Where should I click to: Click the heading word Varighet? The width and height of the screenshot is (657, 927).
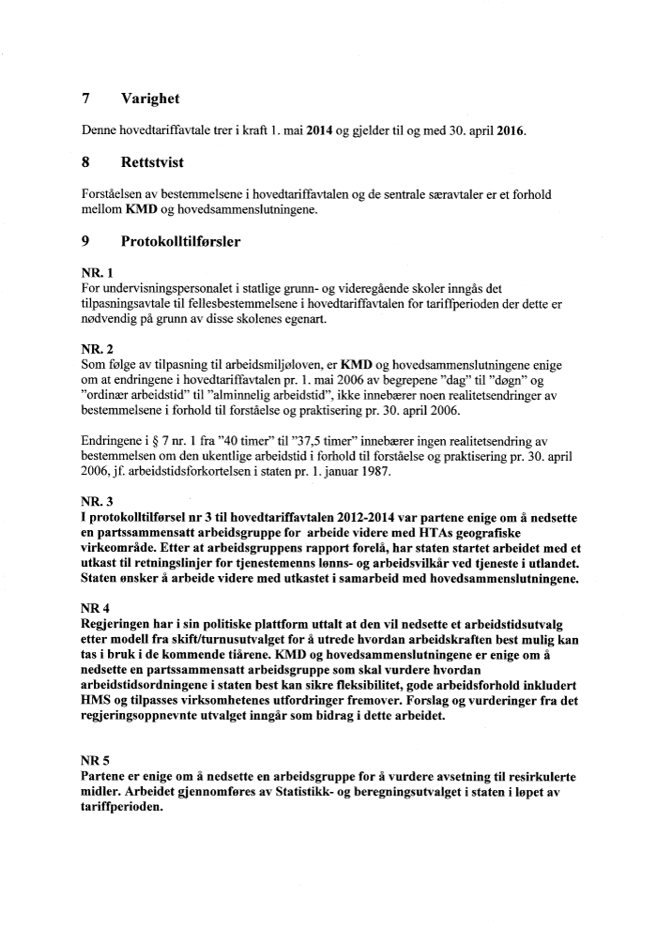[x=150, y=99]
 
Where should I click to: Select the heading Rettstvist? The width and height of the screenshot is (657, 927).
[x=154, y=162]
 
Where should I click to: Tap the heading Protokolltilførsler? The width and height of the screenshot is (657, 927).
[x=181, y=241]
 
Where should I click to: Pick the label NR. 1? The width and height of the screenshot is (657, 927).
[x=98, y=273]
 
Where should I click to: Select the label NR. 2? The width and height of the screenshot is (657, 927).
[x=98, y=347]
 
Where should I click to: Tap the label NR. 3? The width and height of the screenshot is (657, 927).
[x=98, y=502]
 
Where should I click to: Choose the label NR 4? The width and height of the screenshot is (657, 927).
[x=96, y=607]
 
